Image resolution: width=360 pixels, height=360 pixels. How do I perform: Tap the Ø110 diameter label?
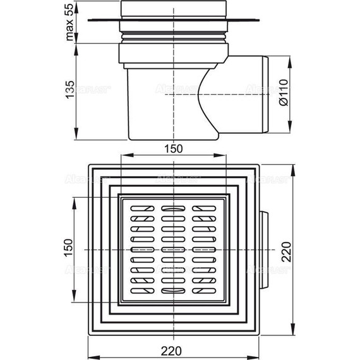(x=284, y=95)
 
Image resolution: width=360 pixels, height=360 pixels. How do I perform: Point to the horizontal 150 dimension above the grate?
(x=173, y=149)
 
